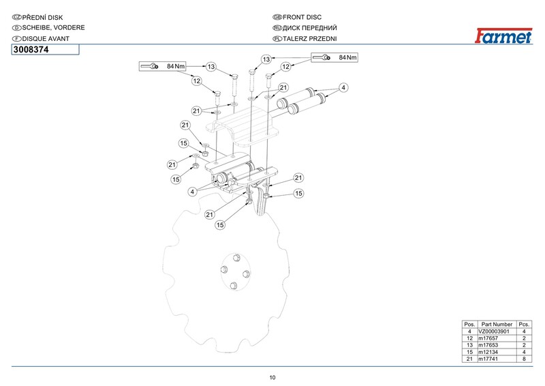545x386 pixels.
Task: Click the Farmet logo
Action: [x=503, y=35]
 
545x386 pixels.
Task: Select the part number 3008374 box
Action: [x=46, y=50]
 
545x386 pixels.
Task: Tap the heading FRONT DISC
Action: [x=302, y=17]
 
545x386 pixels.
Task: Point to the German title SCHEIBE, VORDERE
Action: [x=54, y=27]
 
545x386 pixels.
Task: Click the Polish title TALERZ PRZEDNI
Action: [x=310, y=39]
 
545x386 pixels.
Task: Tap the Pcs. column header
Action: [x=524, y=325]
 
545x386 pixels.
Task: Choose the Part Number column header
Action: [x=497, y=325]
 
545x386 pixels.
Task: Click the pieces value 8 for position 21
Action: [x=524, y=359]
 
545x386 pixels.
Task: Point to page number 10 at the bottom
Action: [x=272, y=378]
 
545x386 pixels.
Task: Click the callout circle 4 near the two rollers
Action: [x=343, y=87]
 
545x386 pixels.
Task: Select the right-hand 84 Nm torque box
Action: [x=334, y=57]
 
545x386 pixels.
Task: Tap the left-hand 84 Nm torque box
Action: [x=162, y=66]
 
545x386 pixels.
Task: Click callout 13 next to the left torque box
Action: [x=211, y=66]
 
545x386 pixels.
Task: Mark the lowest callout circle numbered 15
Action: [x=220, y=225]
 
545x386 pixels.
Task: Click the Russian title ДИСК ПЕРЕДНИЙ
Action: [x=310, y=28]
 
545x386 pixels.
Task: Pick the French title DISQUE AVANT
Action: [x=46, y=39]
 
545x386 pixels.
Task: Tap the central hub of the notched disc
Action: [x=236, y=272]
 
